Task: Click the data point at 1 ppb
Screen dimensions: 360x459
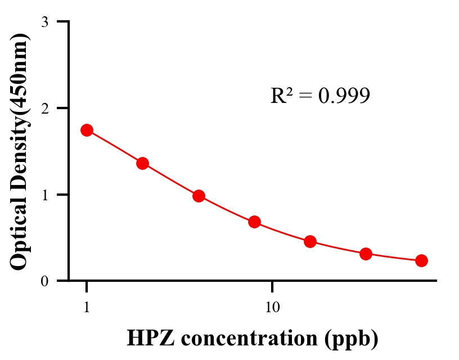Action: pos(87,130)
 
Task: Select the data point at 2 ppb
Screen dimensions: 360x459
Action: pos(142,163)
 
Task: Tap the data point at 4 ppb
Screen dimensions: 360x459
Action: pos(199,196)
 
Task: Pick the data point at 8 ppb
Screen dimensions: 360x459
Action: pos(254,222)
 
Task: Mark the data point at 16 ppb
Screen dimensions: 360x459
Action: pos(310,242)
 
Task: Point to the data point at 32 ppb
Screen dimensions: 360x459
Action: pos(366,254)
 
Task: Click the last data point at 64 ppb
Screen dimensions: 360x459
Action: pos(421,260)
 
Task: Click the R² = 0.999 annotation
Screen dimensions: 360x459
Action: pos(320,96)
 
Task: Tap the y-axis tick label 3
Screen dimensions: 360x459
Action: pos(44,22)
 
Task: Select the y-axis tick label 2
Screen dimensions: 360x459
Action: pos(44,108)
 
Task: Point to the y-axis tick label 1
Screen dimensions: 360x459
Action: pos(44,195)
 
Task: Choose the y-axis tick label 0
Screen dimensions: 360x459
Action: pos(44,281)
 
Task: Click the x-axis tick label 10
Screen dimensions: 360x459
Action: pos(272,308)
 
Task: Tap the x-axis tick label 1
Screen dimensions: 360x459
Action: pos(87,308)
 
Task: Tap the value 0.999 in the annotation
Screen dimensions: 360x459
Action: pos(344,96)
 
